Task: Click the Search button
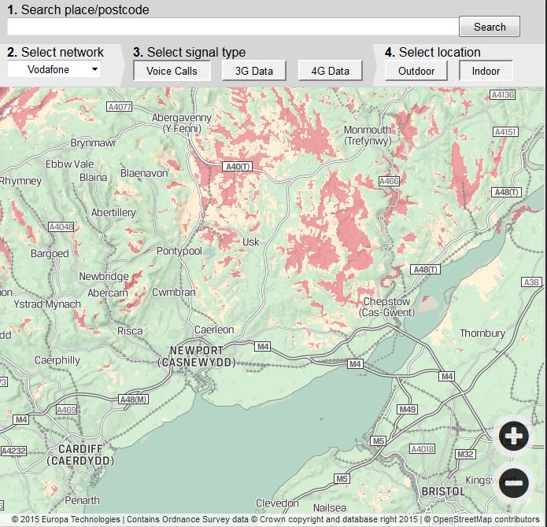(x=490, y=27)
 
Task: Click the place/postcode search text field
(x=232, y=27)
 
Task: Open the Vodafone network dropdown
(x=54, y=69)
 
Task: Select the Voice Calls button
(x=172, y=71)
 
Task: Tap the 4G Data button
(x=331, y=71)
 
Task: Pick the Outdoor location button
(x=416, y=71)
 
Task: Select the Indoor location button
(x=486, y=71)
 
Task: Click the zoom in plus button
(x=513, y=436)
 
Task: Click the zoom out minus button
(x=513, y=481)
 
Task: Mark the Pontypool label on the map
(x=179, y=251)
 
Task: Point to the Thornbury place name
(x=482, y=334)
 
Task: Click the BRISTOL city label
(x=444, y=491)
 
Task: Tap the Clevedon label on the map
(x=277, y=503)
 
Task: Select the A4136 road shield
(x=502, y=95)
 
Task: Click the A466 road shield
(x=389, y=182)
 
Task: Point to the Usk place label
(x=251, y=242)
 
